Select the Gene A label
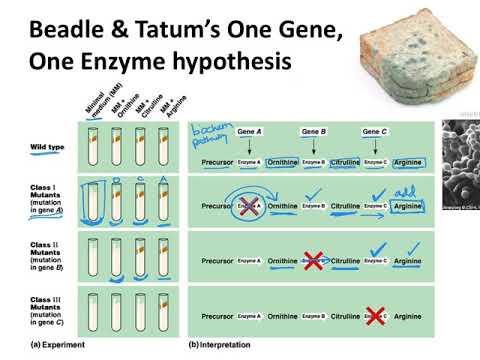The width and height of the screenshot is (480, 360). [250, 131]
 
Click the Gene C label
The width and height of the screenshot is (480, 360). [375, 131]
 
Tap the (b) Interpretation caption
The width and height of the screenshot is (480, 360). [222, 343]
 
